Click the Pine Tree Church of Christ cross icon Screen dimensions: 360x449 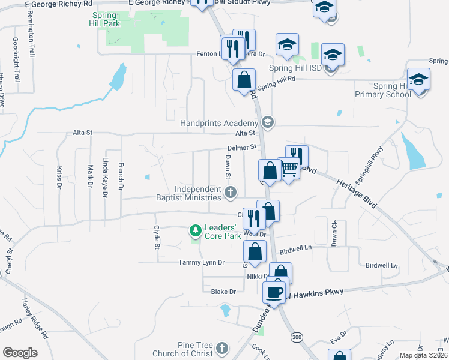point(222,348)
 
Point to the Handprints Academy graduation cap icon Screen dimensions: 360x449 point(268,122)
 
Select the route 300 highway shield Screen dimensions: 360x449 point(296,338)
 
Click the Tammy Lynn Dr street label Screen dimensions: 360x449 point(201,262)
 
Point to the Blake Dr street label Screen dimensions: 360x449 point(224,291)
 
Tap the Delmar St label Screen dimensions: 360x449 point(242,146)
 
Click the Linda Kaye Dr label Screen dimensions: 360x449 point(106,177)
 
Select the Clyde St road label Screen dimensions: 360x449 point(156,237)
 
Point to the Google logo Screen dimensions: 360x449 point(20,353)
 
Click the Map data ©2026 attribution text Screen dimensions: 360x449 point(423,355)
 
